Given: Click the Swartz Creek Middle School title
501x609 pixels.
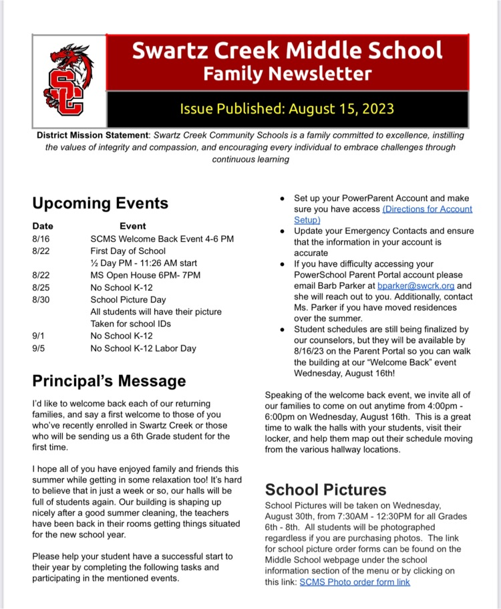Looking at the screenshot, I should click(287, 50).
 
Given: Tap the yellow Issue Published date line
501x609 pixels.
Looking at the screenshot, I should click(287, 108).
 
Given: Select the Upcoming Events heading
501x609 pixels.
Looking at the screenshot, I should click(100, 203).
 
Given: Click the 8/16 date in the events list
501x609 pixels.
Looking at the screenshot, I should click(41, 239).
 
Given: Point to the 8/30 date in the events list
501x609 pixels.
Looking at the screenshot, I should click(41, 299).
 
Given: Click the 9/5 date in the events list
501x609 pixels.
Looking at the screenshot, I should click(39, 348).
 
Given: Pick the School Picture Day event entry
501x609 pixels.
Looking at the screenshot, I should click(128, 299).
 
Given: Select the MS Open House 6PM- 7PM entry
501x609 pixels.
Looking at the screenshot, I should click(145, 275).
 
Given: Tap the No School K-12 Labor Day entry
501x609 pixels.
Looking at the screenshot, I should click(144, 348).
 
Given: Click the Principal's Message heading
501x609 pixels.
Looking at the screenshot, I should click(109, 381).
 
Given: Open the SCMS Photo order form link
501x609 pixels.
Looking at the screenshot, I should click(355, 582).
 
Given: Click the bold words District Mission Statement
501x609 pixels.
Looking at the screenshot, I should click(93, 136).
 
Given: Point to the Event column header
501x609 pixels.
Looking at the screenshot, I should click(132, 226).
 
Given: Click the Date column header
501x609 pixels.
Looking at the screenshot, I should click(43, 226).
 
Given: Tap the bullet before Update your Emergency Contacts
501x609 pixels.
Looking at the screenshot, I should click(283, 231).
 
